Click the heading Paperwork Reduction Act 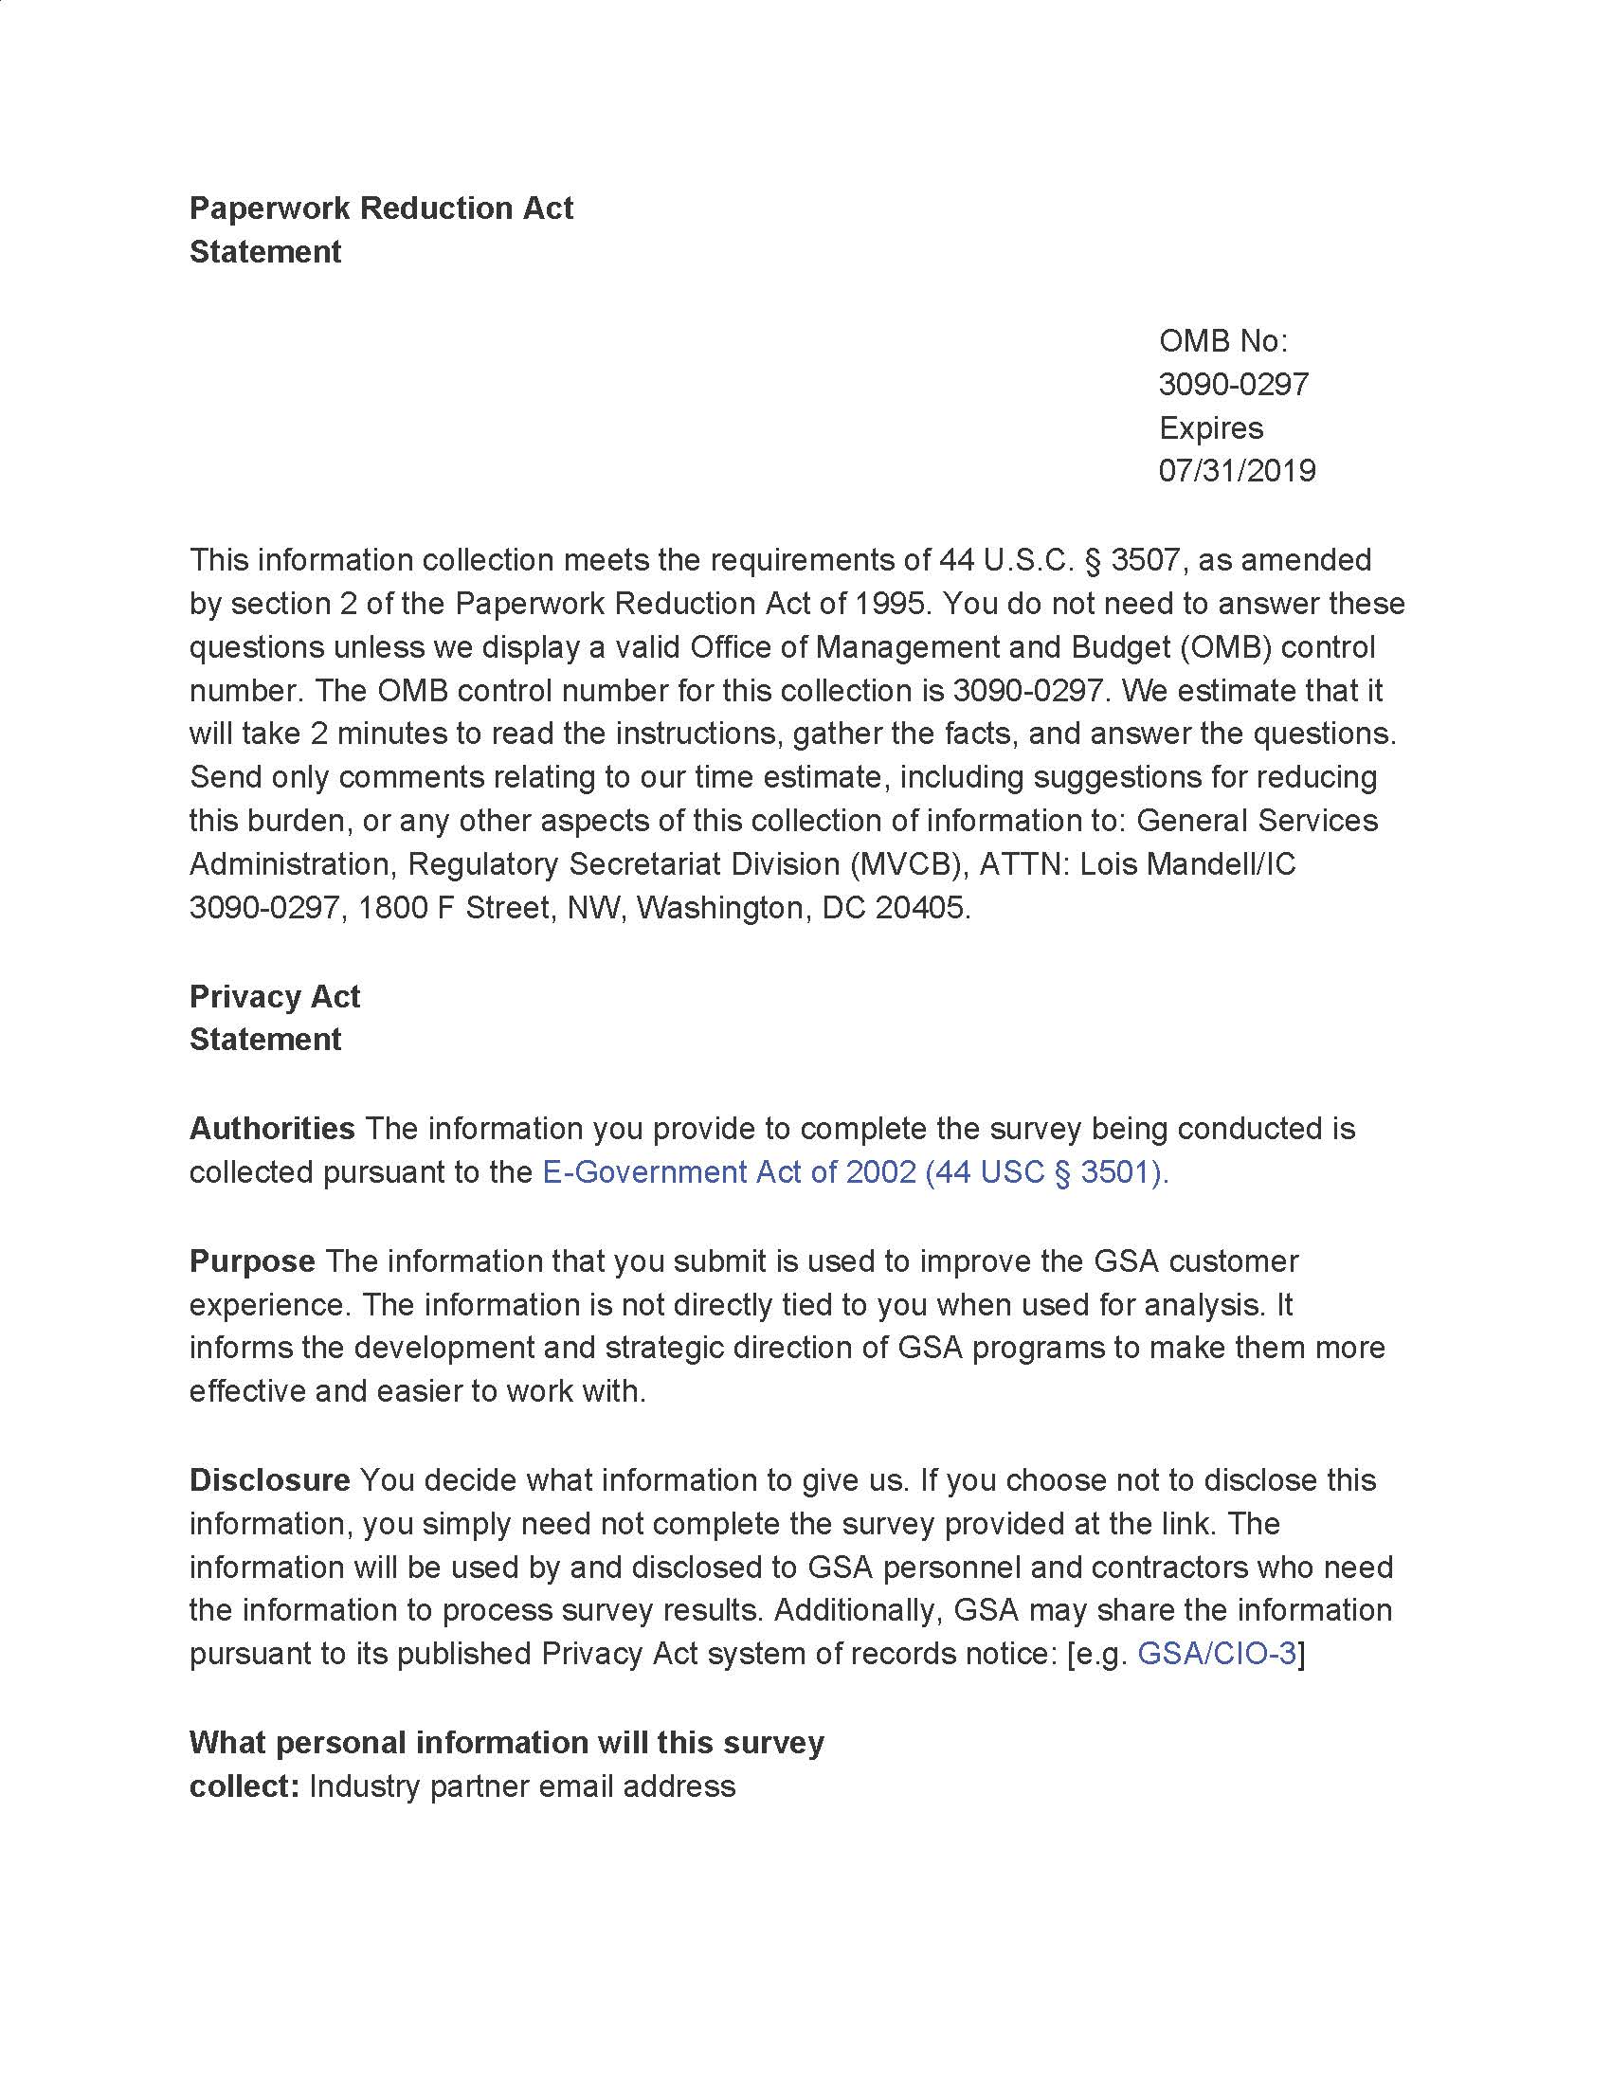pos(381,208)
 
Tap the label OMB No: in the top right pos(1222,341)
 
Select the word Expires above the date pos(1210,427)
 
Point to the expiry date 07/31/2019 pos(1237,471)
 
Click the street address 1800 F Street pos(453,907)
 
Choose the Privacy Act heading pos(274,997)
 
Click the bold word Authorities pos(272,1129)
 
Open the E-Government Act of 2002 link pos(855,1172)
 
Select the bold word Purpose pos(252,1261)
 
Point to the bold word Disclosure pos(270,1479)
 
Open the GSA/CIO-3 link pos(1217,1654)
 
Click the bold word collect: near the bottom pos(245,1786)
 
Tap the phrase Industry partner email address pos(522,1786)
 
